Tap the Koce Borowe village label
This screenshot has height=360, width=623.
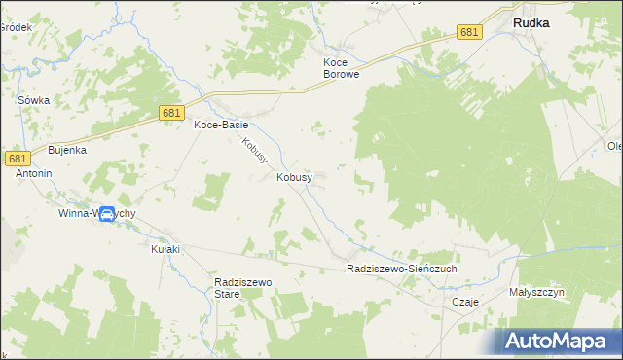point(342,67)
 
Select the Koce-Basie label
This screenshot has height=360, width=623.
point(221,126)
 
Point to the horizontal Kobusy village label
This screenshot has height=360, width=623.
point(294,178)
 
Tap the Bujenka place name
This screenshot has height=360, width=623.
point(68,151)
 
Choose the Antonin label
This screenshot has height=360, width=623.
point(33,173)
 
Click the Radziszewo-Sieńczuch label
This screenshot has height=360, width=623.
point(402,269)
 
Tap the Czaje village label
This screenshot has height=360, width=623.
point(466,302)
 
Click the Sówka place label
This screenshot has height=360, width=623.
point(34,100)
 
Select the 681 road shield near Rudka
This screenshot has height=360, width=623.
point(469,33)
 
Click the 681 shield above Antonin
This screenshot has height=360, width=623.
point(17,158)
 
